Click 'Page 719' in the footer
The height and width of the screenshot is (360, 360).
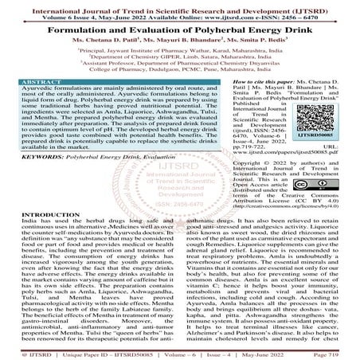[x=334, y=354]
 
